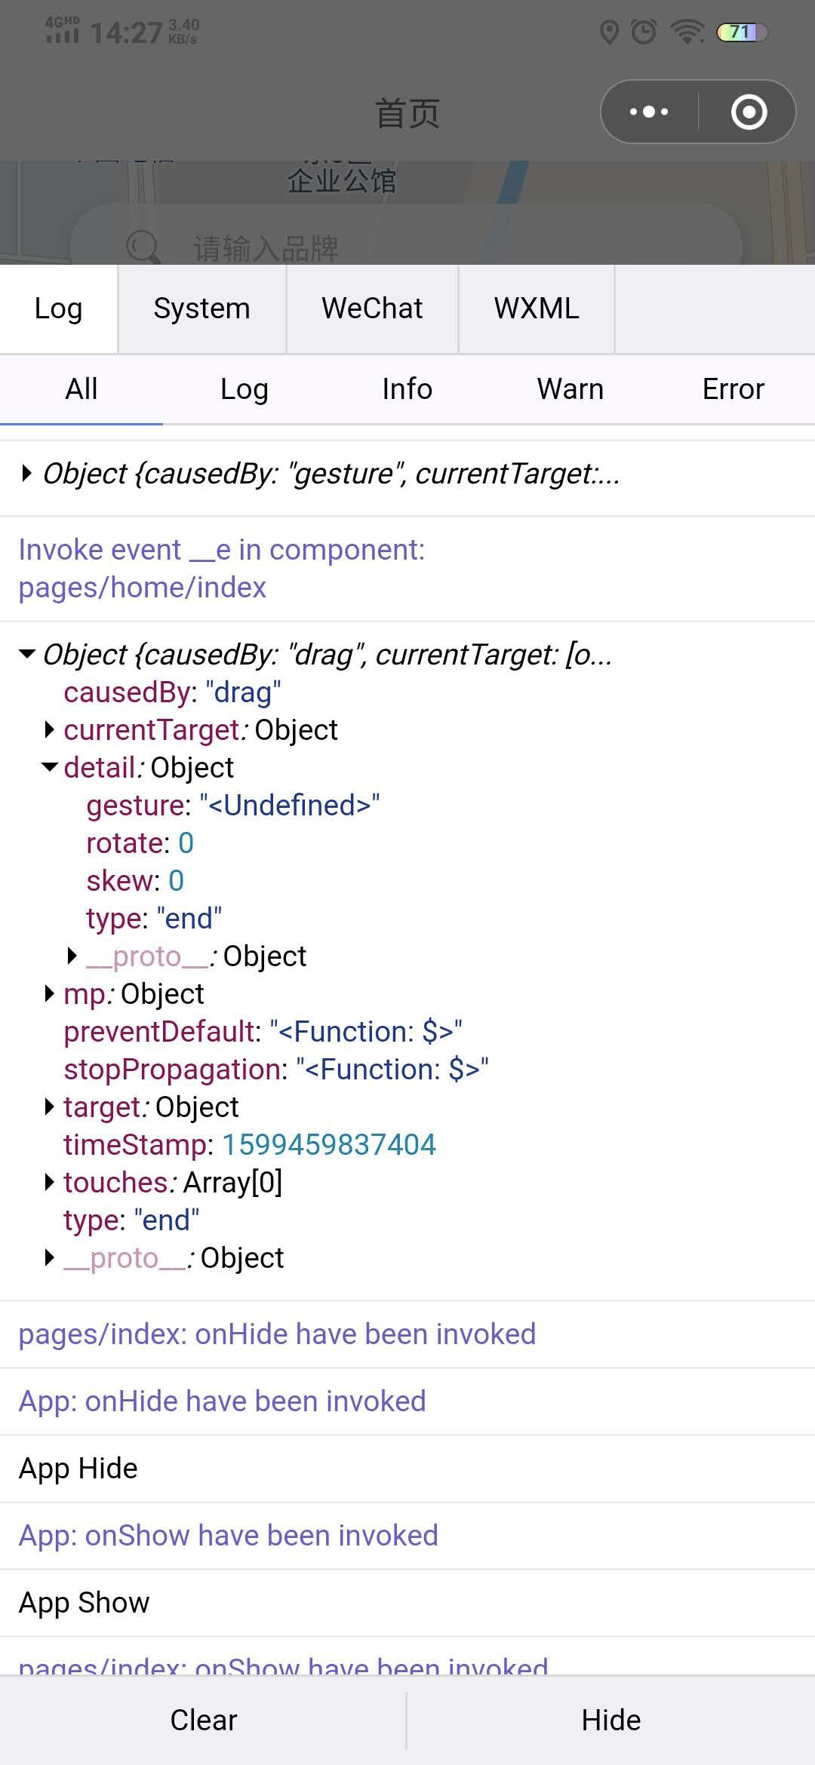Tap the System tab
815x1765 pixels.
(201, 308)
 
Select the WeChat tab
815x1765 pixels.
(372, 308)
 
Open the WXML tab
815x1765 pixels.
(537, 308)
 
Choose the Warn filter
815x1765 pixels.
(570, 389)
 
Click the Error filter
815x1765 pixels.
(733, 389)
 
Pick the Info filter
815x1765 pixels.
(407, 389)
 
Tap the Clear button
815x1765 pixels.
(204, 1720)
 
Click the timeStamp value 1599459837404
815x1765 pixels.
(329, 1145)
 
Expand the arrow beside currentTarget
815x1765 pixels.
(50, 729)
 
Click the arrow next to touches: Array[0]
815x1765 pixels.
(50, 1182)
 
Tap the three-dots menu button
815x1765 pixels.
(649, 112)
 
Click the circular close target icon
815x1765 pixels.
(749, 112)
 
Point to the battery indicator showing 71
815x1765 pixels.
(741, 32)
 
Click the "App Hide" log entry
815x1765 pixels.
(78, 1469)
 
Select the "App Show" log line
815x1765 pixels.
(85, 1603)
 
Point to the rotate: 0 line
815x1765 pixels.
(140, 843)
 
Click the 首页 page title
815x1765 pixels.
(407, 113)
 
